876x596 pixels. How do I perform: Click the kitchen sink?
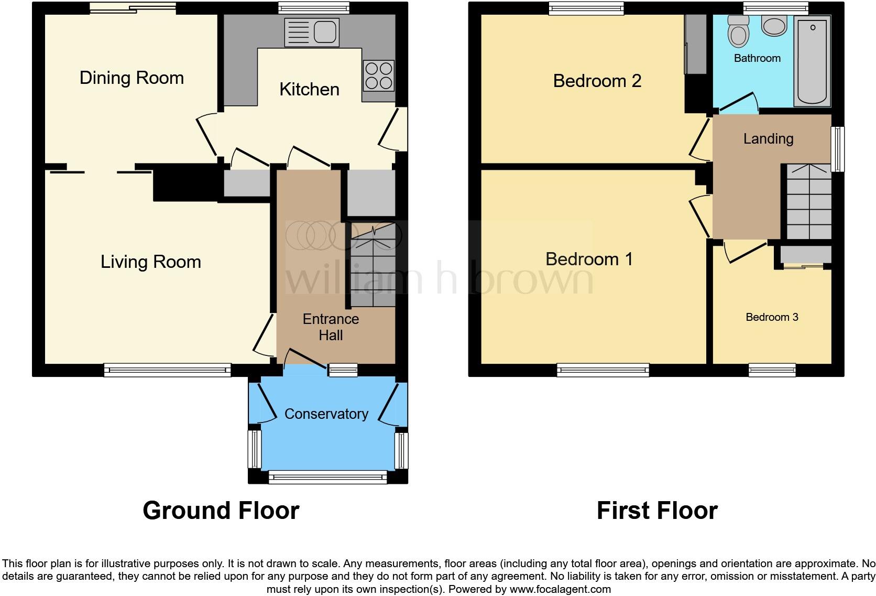pyautogui.click(x=311, y=32)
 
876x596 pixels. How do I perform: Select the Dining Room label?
pyautogui.click(x=132, y=78)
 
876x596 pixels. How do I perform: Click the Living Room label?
pyautogui.click(x=151, y=262)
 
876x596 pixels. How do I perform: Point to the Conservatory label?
pyautogui.click(x=326, y=414)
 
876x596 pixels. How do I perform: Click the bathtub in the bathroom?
pyautogui.click(x=812, y=61)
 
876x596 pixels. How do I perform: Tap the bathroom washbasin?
pyautogui.click(x=774, y=25)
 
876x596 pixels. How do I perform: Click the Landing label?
pyautogui.click(x=768, y=139)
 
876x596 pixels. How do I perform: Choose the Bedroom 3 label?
pyautogui.click(x=772, y=317)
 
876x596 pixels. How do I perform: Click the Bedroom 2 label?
pyautogui.click(x=597, y=81)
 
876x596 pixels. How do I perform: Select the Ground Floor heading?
pyautogui.click(x=221, y=511)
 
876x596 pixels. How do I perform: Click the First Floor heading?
pyautogui.click(x=656, y=511)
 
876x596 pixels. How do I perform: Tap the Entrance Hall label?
pyautogui.click(x=331, y=327)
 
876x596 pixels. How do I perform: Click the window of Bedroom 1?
pyautogui.click(x=603, y=371)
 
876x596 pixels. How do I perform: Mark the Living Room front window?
pyautogui.click(x=167, y=371)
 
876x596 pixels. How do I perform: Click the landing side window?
pyautogui.click(x=838, y=149)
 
